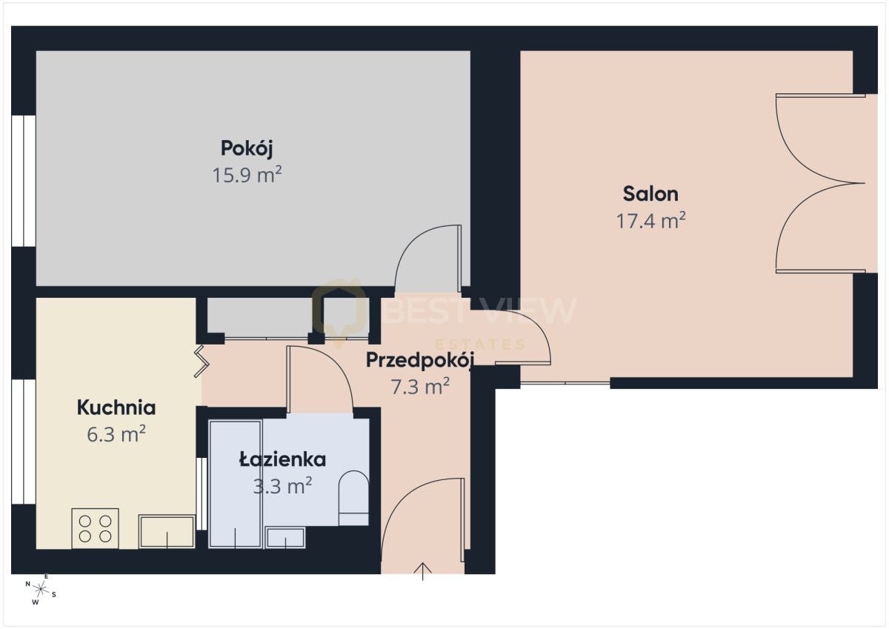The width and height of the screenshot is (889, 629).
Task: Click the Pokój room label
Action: coord(247,149)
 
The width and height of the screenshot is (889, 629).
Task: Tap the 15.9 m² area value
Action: coord(247,175)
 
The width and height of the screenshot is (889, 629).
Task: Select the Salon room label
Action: coord(650,194)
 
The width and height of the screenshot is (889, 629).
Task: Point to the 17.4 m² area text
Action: coord(651,221)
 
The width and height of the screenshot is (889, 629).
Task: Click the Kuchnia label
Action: coord(116,407)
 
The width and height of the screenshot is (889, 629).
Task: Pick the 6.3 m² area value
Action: coord(116,433)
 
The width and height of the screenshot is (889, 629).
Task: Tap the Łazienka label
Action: coord(282,459)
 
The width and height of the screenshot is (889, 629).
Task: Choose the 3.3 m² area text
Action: coord(282,486)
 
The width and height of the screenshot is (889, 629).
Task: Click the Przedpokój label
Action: coord(420,360)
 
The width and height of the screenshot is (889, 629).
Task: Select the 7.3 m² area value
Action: coord(420,387)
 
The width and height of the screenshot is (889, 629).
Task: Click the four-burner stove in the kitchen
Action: coord(96,528)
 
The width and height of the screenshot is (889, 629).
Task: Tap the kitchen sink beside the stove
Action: coord(167,532)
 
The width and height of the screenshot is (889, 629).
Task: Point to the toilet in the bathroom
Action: coord(353,499)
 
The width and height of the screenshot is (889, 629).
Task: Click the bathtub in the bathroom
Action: coord(236,485)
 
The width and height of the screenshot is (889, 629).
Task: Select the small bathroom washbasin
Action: coord(285,538)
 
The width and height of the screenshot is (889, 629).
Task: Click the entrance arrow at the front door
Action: coord(423,571)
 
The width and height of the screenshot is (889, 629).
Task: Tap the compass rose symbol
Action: coord(41,590)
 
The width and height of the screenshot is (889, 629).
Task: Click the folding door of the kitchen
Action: coord(202,361)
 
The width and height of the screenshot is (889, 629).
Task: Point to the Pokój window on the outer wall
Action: coord(24,181)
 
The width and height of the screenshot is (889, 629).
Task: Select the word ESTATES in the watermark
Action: coord(481,344)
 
